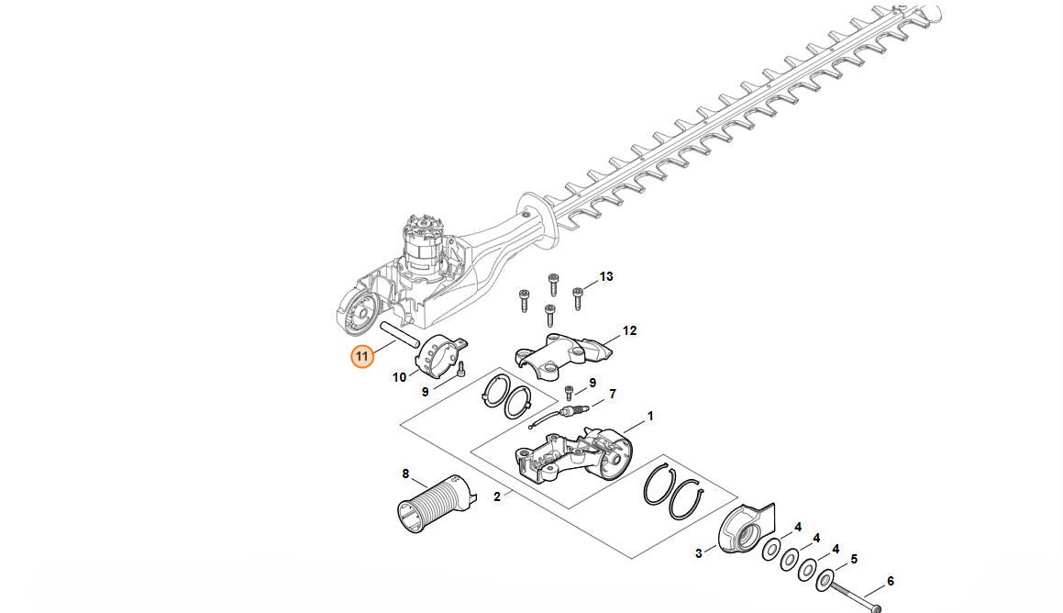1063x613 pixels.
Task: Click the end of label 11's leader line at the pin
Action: (x=395, y=340)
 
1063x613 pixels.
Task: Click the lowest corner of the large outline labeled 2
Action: (x=632, y=559)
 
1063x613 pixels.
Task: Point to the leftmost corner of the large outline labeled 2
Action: (x=400, y=426)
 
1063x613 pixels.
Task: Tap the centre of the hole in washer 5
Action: (x=825, y=580)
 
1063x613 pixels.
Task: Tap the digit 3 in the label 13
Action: (x=610, y=276)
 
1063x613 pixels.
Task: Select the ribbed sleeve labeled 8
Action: (x=436, y=503)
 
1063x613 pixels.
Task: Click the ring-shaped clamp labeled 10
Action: (x=441, y=354)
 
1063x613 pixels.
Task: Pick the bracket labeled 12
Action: (x=563, y=351)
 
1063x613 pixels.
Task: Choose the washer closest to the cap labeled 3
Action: (x=770, y=550)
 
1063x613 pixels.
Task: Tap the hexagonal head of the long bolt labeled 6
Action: (x=875, y=608)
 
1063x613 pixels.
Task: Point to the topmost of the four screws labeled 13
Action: (x=554, y=284)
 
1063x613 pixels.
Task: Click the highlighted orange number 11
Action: (x=362, y=356)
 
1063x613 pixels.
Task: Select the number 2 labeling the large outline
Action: (x=497, y=497)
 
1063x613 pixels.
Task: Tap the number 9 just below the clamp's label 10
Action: (x=425, y=392)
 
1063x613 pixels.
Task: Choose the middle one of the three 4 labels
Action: (x=816, y=538)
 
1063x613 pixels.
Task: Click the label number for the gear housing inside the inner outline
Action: (x=650, y=416)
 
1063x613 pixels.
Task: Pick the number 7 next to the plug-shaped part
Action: (x=613, y=394)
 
